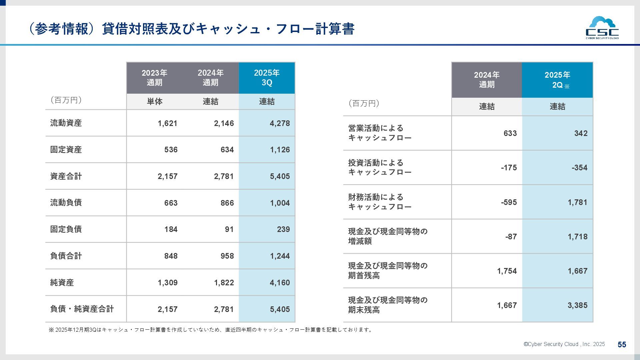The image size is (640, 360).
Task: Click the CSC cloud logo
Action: point(602,28)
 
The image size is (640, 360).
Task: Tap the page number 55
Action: point(622,345)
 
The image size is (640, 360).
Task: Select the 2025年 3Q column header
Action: point(267,78)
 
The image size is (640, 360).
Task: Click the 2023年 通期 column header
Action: point(154,78)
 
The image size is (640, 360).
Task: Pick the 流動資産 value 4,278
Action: point(280,123)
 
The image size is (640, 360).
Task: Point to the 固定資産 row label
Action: point(66,150)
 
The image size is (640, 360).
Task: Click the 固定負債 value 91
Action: point(229,229)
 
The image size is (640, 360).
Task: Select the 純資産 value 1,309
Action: point(167,283)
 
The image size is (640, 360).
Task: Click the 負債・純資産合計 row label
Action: point(82,309)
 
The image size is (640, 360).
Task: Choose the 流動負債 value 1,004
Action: point(280,203)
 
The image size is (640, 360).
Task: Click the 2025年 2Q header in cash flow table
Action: point(557,80)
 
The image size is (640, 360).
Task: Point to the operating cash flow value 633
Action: point(510,133)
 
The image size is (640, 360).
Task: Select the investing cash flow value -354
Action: point(579,168)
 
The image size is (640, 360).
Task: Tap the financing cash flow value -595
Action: point(509,202)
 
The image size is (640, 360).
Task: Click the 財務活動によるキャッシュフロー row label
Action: point(380,202)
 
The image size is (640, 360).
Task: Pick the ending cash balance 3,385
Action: point(577,305)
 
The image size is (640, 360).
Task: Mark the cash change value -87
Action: point(511,237)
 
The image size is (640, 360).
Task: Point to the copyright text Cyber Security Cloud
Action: point(564,344)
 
